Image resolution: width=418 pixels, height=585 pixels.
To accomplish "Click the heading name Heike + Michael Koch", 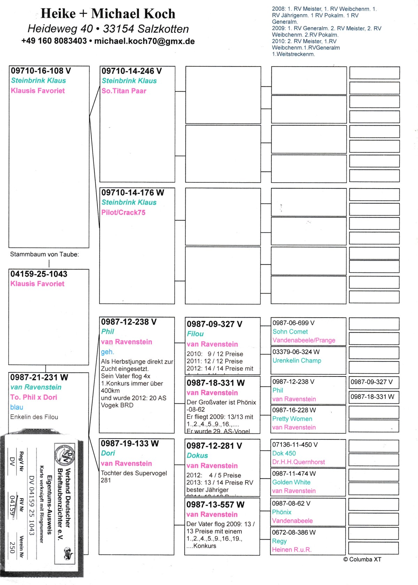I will tap(108, 14).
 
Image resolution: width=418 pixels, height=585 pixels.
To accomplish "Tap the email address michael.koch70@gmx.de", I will tap(144, 41).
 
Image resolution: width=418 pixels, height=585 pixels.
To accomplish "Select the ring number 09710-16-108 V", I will tap(41, 71).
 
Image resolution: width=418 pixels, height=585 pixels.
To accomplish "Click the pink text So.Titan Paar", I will tap(124, 91).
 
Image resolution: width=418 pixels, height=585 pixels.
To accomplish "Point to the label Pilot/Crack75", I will tap(123, 213).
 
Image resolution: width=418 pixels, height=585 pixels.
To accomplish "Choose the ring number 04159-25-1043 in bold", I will tap(39, 274).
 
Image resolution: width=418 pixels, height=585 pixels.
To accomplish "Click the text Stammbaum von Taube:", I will tap(44, 254).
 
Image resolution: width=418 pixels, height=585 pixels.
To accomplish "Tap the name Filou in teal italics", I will tap(195, 334).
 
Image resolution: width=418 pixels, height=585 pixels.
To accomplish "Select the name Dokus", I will tap(197, 456).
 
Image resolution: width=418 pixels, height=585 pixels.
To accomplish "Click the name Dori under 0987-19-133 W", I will tap(108, 453).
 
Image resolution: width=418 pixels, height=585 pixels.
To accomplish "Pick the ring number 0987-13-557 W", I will tap(215, 505).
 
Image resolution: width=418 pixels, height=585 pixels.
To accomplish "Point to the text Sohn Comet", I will tap(290, 332).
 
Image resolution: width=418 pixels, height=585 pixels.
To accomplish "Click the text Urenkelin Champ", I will tap(297, 360).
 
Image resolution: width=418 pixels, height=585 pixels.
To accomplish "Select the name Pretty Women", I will tap(292, 419).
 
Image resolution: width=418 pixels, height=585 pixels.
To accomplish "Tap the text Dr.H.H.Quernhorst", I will tap(298, 462).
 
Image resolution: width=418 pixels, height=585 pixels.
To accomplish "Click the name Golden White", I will tap(291, 482).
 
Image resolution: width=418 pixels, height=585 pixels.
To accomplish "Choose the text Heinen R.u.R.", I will tap(292, 550).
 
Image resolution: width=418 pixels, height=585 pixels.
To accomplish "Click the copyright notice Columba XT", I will tap(362, 560).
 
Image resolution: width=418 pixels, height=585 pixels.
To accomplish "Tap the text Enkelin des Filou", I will tap(34, 417).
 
